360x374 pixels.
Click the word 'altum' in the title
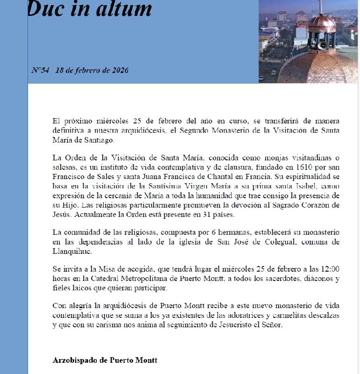tap(126, 9)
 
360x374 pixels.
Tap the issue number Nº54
tap(40, 71)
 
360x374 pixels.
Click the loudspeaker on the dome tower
tap(322, 45)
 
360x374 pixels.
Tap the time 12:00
tap(329, 269)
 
